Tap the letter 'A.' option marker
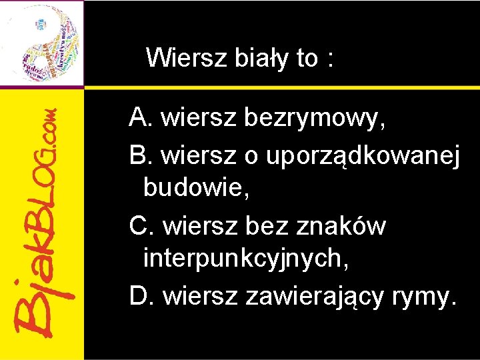point(142,118)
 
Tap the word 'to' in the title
point(307,59)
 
